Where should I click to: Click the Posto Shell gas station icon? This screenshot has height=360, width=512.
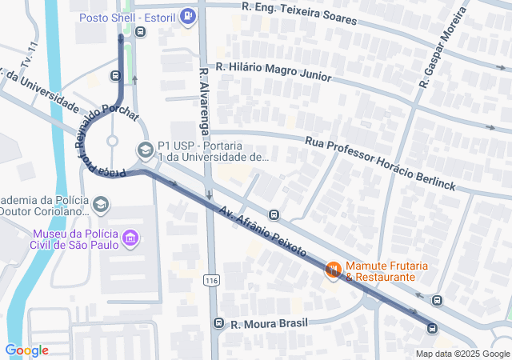pyautogui.click(x=187, y=15)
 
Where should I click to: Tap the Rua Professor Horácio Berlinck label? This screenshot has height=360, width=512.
pyautogui.click(x=380, y=163)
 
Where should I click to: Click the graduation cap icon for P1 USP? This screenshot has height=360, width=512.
pyautogui.click(x=145, y=149)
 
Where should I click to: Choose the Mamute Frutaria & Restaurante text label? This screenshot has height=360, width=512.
pyautogui.click(x=381, y=271)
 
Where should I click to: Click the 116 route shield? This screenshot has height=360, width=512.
pyautogui.click(x=211, y=281)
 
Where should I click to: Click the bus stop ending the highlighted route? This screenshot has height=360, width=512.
pyautogui.click(x=432, y=328)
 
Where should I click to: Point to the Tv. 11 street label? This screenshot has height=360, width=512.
pyautogui.click(x=30, y=54)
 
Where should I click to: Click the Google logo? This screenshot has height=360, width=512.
pyautogui.click(x=26, y=350)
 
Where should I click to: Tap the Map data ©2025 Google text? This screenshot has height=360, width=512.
pyautogui.click(x=462, y=354)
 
